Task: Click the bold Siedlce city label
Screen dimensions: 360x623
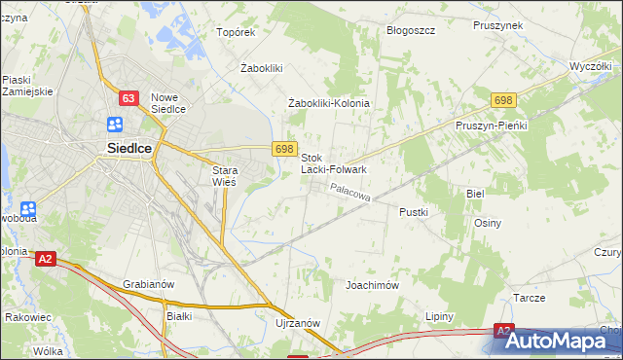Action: pyautogui.click(x=127, y=148)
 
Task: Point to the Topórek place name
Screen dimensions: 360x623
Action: pyautogui.click(x=236, y=32)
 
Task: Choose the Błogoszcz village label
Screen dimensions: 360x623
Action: pyautogui.click(x=410, y=30)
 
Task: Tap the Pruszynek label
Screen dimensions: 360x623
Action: pyautogui.click(x=498, y=25)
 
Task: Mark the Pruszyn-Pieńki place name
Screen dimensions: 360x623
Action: pyautogui.click(x=492, y=126)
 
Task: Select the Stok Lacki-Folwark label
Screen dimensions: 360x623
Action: pyautogui.click(x=334, y=163)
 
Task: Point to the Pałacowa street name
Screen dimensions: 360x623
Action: pyautogui.click(x=350, y=195)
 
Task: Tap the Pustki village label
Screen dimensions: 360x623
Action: pyautogui.click(x=415, y=210)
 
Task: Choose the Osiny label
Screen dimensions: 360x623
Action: pyautogui.click(x=487, y=223)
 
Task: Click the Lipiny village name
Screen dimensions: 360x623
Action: pyautogui.click(x=442, y=316)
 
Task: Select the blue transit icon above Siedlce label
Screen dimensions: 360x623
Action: pyautogui.click(x=115, y=125)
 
